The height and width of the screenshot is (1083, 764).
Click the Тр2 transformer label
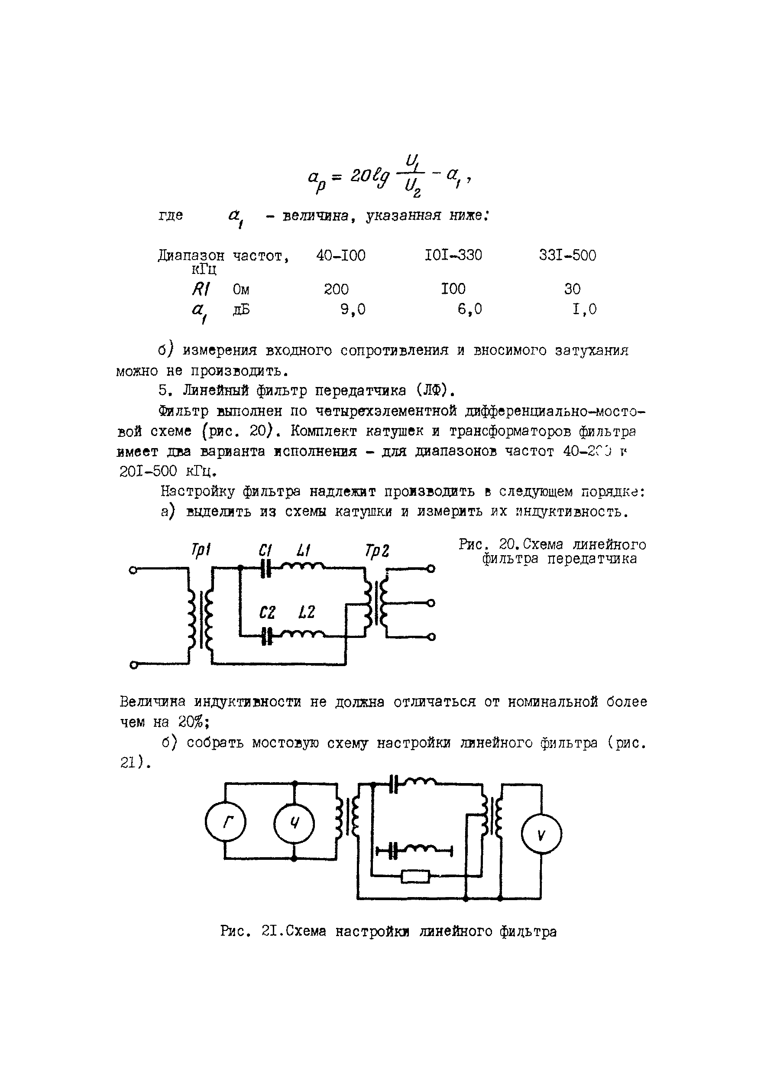pos(377,551)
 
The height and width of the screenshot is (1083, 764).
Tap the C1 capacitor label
pos(265,550)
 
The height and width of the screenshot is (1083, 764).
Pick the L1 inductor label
pos(303,550)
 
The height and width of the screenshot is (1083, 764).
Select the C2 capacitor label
pos(267,613)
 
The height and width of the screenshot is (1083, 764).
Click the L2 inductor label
pos(306,612)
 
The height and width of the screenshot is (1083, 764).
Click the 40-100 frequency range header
pos(341,256)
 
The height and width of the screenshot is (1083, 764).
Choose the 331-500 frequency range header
pos(567,256)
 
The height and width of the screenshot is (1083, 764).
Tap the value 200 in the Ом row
pos(336,289)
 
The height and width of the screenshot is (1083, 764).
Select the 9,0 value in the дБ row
pos(353,309)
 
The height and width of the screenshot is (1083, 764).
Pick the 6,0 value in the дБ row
pos(469,309)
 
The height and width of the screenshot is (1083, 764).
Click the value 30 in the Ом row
pos(572,289)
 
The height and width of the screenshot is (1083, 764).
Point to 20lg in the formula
pos(370,176)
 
